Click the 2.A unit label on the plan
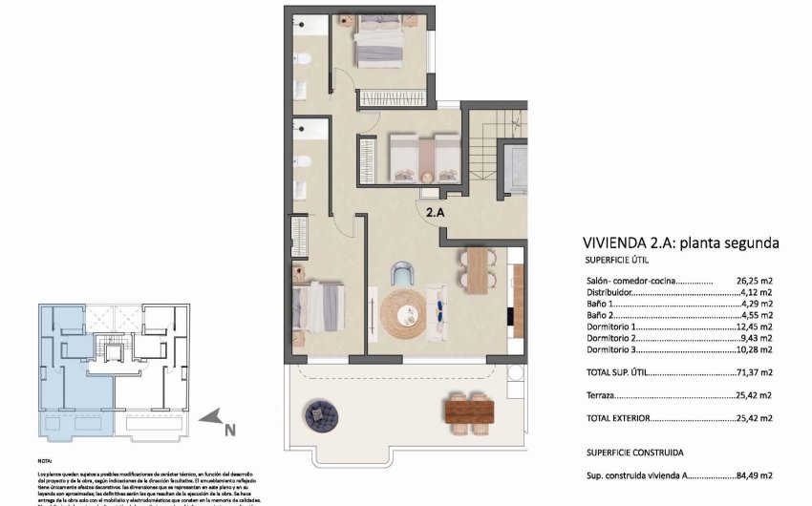coord(435,214)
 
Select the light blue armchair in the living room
coord(402,275)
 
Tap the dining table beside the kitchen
coord(477,269)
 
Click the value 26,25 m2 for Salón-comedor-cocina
coord(754,281)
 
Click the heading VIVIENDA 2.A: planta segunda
coord(680,243)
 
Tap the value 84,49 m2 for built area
coord(754,474)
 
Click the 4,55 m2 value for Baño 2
coord(757,314)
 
